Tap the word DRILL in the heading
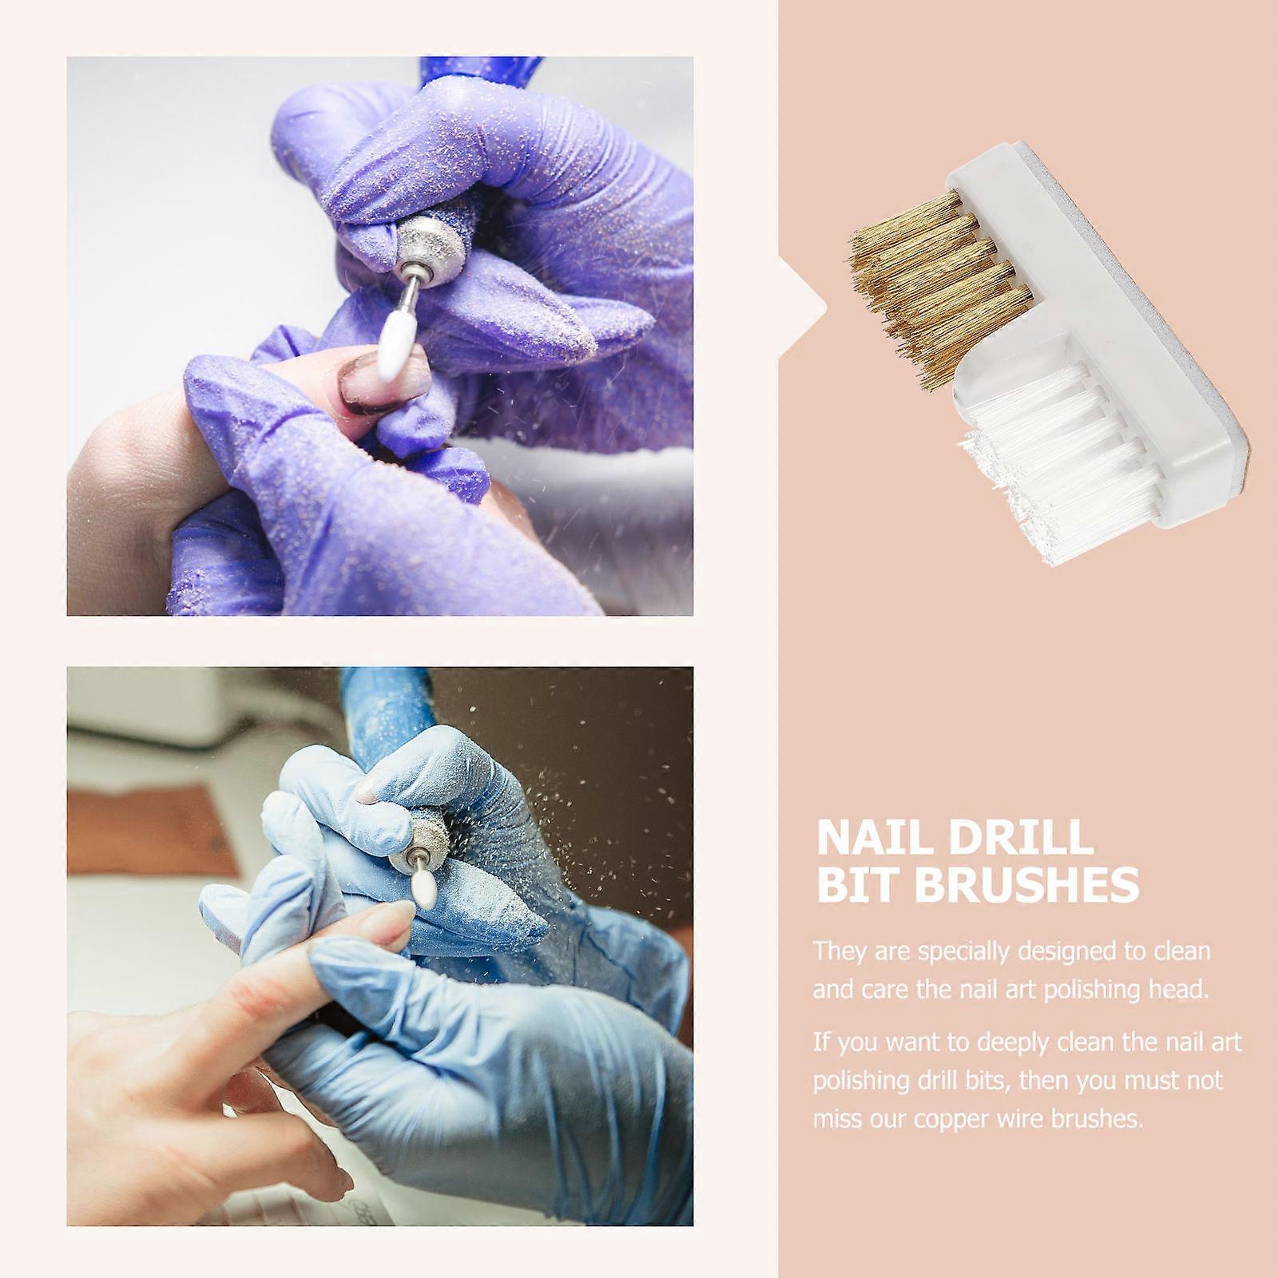1022,838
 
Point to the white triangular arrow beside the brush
804,304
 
